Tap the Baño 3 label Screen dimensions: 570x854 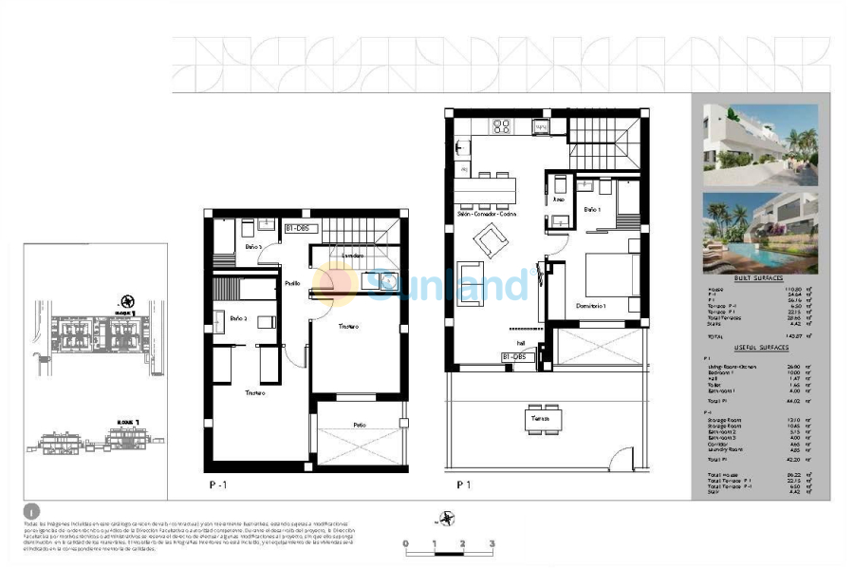(253, 247)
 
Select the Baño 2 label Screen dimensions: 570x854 (239, 317)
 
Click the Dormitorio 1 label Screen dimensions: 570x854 (591, 305)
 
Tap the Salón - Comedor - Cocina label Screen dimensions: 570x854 (486, 215)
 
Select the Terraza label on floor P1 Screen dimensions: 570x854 (539, 418)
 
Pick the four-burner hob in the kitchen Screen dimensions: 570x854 (502, 125)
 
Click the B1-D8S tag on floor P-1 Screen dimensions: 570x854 (304, 228)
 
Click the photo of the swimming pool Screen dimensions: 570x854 (760, 233)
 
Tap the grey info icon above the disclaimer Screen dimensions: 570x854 (32, 511)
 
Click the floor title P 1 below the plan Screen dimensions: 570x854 (464, 484)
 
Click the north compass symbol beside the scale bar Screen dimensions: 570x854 (444, 519)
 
